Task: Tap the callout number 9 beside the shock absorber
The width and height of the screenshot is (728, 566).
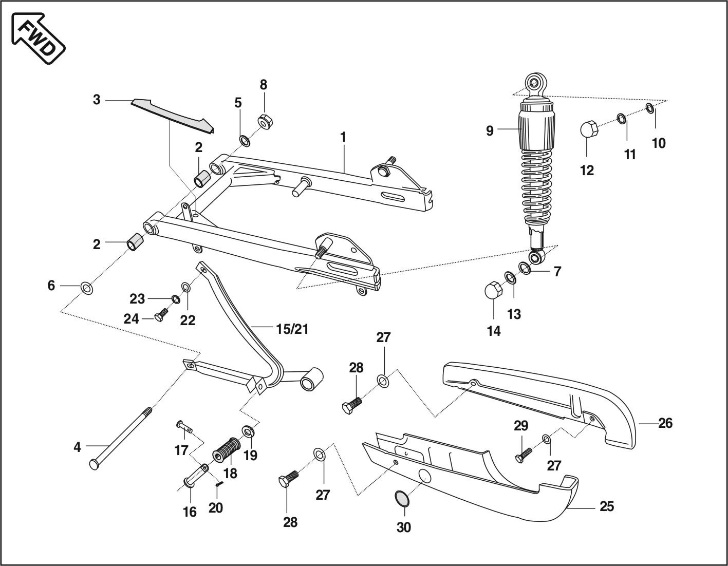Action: [490, 131]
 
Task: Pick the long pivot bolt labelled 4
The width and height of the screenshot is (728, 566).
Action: [121, 436]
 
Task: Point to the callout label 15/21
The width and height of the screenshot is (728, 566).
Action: [292, 329]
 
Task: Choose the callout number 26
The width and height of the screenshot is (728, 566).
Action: [665, 423]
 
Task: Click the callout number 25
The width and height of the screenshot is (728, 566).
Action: [607, 506]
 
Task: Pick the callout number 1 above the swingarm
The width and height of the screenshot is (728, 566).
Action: [343, 138]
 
